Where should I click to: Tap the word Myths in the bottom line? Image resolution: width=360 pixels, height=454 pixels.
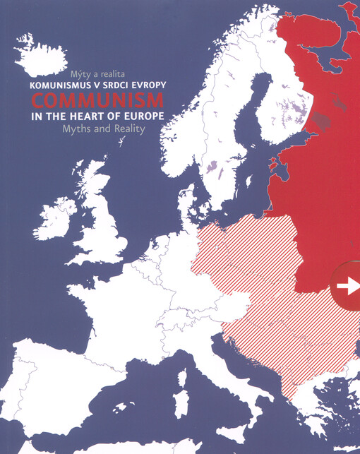[x=77, y=129]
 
